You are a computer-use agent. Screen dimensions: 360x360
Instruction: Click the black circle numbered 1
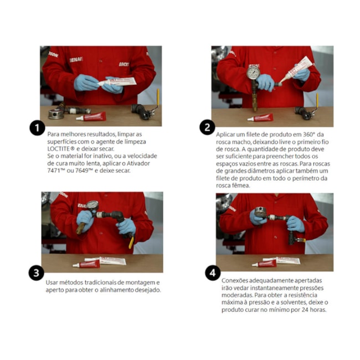click(37, 128)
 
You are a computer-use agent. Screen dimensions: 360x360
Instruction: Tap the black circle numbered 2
click(207, 127)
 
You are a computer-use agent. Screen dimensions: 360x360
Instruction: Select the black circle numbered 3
click(36, 273)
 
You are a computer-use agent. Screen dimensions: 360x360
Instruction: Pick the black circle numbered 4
click(213, 273)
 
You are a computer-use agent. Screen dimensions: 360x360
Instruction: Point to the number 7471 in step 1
click(54, 171)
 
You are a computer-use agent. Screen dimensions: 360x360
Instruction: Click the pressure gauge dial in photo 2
click(254, 73)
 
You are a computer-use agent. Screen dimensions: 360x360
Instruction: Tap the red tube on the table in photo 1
click(91, 117)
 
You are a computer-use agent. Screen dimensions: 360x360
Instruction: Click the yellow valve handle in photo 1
click(158, 97)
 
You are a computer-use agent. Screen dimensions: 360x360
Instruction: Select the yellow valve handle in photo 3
click(131, 243)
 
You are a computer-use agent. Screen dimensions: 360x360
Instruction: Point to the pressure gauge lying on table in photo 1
click(56, 114)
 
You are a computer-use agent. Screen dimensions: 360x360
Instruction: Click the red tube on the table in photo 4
click(264, 264)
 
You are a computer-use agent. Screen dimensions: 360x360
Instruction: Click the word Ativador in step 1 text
click(140, 163)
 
